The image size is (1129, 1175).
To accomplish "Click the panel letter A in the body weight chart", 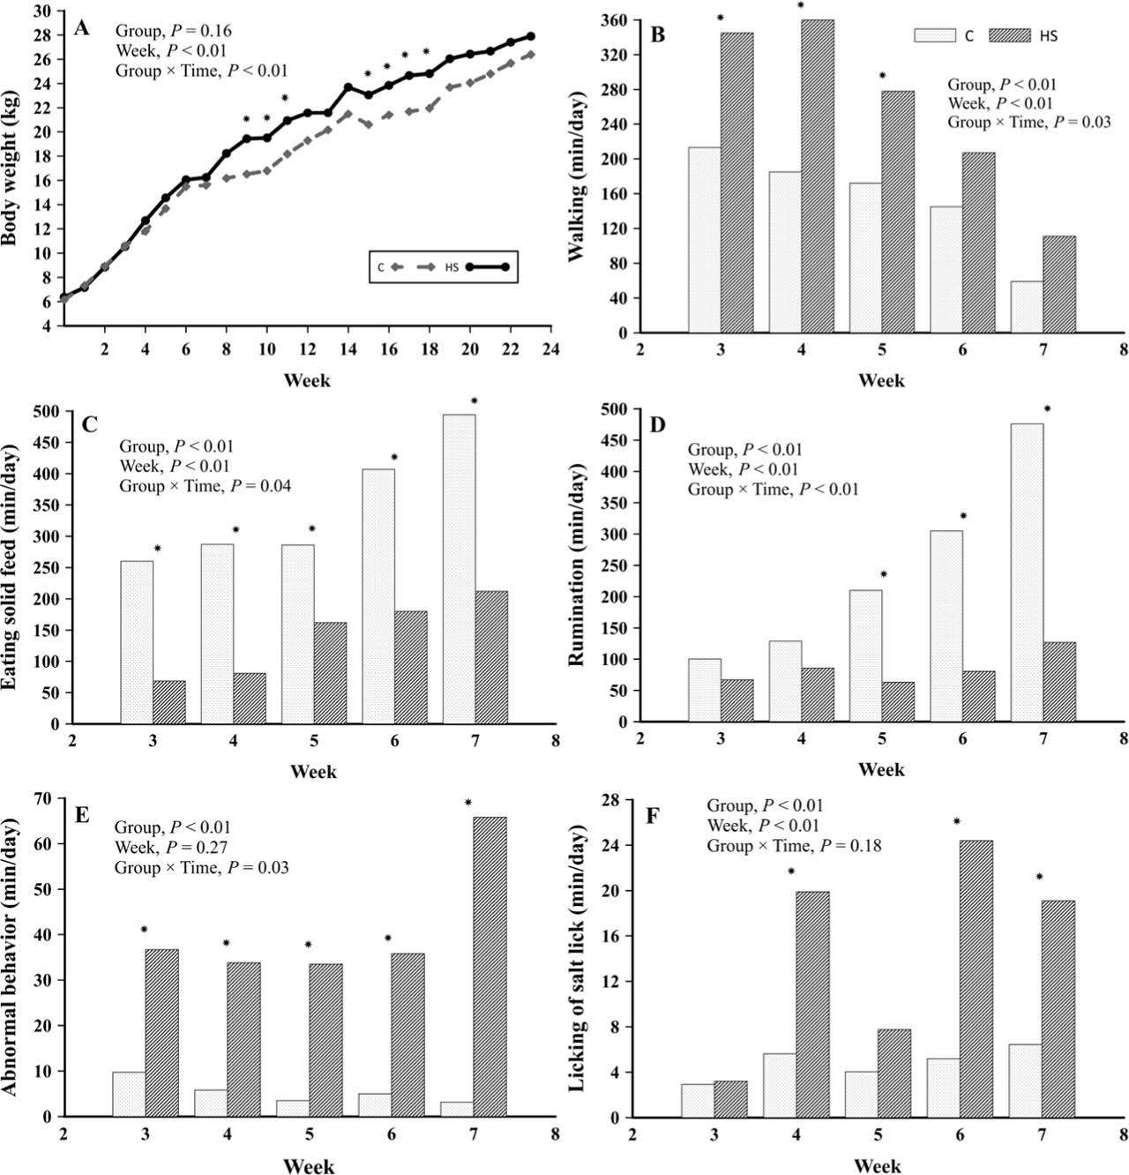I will (81, 27).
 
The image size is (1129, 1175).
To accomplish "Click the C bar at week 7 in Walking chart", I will (1027, 307).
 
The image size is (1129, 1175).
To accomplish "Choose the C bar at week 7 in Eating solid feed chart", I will (459, 569).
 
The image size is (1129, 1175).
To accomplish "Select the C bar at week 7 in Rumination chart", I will (1027, 573).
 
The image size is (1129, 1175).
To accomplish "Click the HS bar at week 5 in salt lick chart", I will (894, 1074).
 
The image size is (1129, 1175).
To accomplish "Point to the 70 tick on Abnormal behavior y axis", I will (41, 798).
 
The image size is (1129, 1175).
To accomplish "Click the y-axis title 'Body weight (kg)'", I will (14, 164).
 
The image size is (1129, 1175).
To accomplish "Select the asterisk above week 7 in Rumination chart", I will (1048, 409).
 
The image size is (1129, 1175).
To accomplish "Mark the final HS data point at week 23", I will (531, 37).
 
